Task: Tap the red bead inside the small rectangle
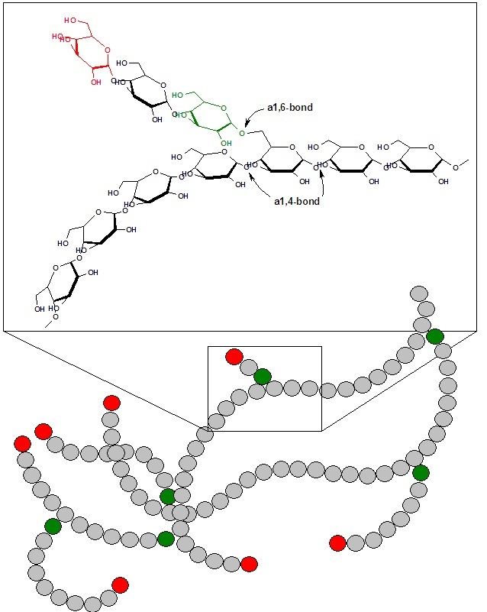234,356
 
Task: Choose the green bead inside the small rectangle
263,376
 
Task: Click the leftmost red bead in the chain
22,444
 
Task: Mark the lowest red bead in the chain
120,584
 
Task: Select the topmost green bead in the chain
435,336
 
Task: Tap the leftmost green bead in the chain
53,526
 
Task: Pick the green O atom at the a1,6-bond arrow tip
241,133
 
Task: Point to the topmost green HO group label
178,95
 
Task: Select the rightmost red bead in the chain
337,542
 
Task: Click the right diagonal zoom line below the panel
397,380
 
